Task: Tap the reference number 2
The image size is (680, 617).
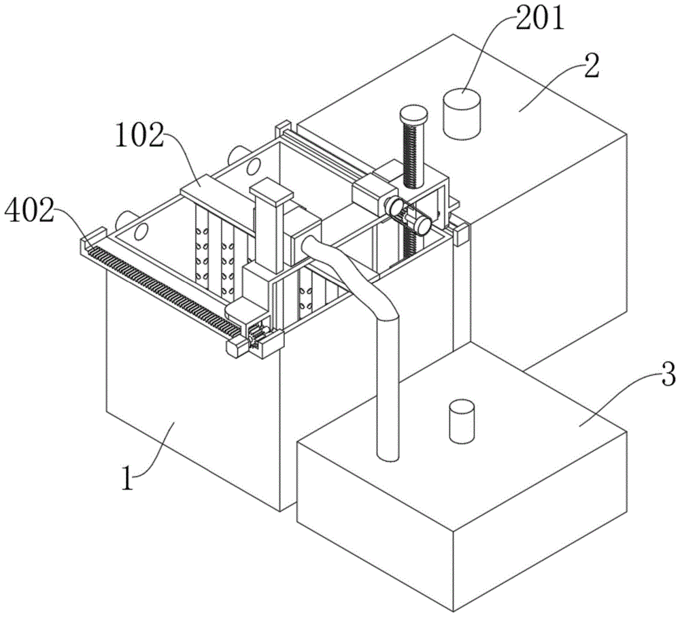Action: (592, 65)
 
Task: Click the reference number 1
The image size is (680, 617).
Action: (128, 478)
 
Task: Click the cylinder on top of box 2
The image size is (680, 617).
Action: (462, 114)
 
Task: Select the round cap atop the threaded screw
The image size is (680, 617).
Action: (414, 114)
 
